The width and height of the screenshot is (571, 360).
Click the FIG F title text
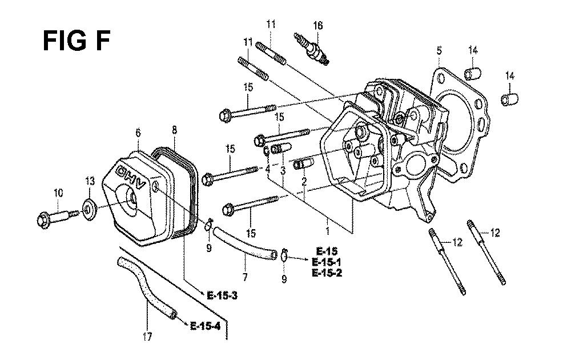click(77, 41)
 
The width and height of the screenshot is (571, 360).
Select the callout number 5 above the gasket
click(439, 50)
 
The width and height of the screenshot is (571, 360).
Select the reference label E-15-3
click(222, 295)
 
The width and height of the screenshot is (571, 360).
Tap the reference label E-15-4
click(206, 326)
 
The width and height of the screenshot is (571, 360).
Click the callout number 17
click(147, 337)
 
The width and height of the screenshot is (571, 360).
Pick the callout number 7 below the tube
click(245, 277)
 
